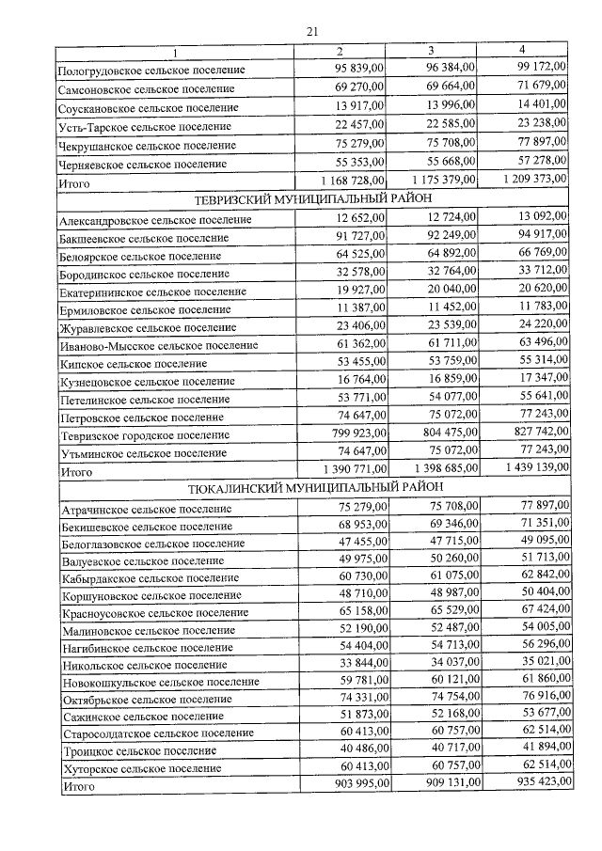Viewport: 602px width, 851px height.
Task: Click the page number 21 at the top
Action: [312, 33]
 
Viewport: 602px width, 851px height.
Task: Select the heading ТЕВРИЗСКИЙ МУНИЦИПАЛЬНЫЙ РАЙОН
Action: [312, 199]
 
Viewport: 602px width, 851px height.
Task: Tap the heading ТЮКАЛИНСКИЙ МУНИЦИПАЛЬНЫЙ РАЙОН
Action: [312, 490]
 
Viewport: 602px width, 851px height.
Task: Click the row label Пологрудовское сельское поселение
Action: [151, 71]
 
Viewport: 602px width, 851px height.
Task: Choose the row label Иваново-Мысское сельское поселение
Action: [158, 345]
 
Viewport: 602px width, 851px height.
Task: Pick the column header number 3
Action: [431, 49]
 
